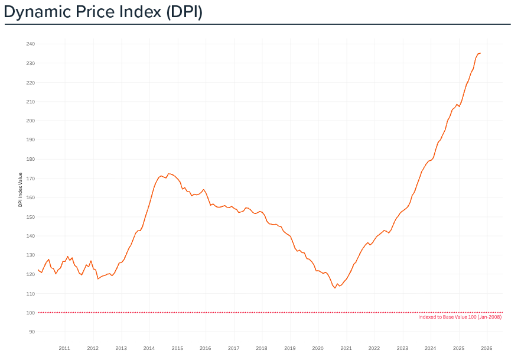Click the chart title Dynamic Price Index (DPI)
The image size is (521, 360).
coord(103,12)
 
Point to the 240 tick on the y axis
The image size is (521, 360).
coord(31,44)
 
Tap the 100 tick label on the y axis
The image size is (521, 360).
coord(31,313)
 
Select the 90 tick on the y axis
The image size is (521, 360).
coord(32,332)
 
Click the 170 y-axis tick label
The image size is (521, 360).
coord(31,178)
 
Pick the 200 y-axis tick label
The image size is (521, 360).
coord(31,121)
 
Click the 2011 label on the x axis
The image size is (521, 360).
coord(64,348)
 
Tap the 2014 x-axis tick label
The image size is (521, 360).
coord(149,348)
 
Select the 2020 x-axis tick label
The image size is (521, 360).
coord(318,348)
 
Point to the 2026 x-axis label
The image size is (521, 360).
coord(487,348)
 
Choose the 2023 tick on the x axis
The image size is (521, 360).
coord(402,348)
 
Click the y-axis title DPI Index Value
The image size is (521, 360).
coord(21,190)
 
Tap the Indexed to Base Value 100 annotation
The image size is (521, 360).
coord(460,317)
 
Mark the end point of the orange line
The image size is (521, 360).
coord(480,53)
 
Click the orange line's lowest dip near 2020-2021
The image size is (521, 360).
coord(335,288)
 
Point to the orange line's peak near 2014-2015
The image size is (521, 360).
coord(169,174)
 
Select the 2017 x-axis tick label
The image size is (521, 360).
coord(233,348)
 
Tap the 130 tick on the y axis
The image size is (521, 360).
coord(31,255)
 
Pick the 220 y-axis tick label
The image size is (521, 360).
coord(31,82)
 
